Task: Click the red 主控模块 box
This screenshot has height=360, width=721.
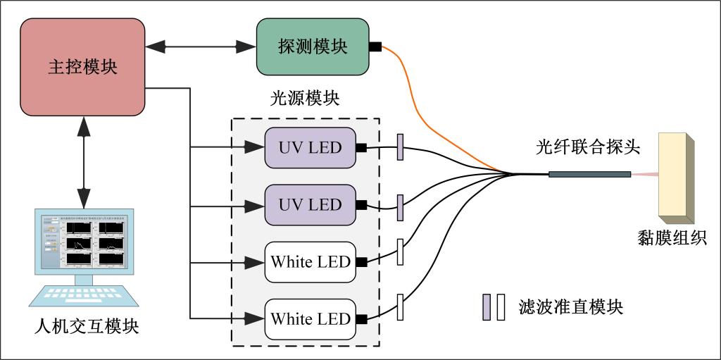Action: click(x=82, y=67)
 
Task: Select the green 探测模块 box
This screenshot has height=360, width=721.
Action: click(x=312, y=47)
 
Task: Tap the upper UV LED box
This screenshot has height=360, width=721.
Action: click(x=311, y=148)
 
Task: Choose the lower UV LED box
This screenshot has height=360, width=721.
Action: click(x=311, y=205)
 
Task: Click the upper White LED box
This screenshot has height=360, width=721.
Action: click(x=311, y=262)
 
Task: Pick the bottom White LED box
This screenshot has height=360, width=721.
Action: click(x=311, y=319)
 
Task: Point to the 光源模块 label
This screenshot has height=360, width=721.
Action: click(x=305, y=98)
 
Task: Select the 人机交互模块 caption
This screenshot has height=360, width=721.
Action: click(x=86, y=328)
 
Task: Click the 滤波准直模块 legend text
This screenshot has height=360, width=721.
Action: click(x=570, y=306)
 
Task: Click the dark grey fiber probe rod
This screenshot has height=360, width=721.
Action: click(x=589, y=174)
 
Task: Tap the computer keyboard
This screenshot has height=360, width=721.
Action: click(x=83, y=296)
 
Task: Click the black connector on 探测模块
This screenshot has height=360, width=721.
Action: click(x=375, y=47)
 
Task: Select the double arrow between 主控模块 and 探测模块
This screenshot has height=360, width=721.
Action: click(x=201, y=47)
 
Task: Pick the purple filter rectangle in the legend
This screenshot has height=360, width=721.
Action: click(x=487, y=306)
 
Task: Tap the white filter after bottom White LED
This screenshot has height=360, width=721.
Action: click(x=401, y=306)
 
